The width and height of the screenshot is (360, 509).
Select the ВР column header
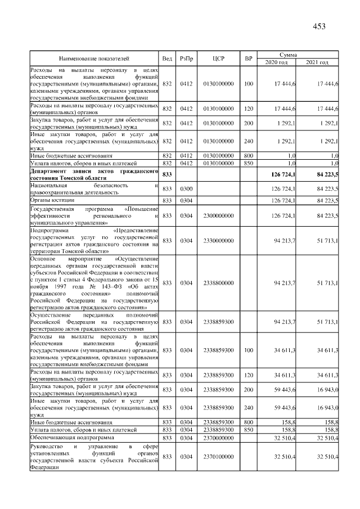pyautogui.click(x=249, y=58)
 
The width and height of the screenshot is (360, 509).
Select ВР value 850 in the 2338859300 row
pyautogui.click(x=249, y=429)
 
